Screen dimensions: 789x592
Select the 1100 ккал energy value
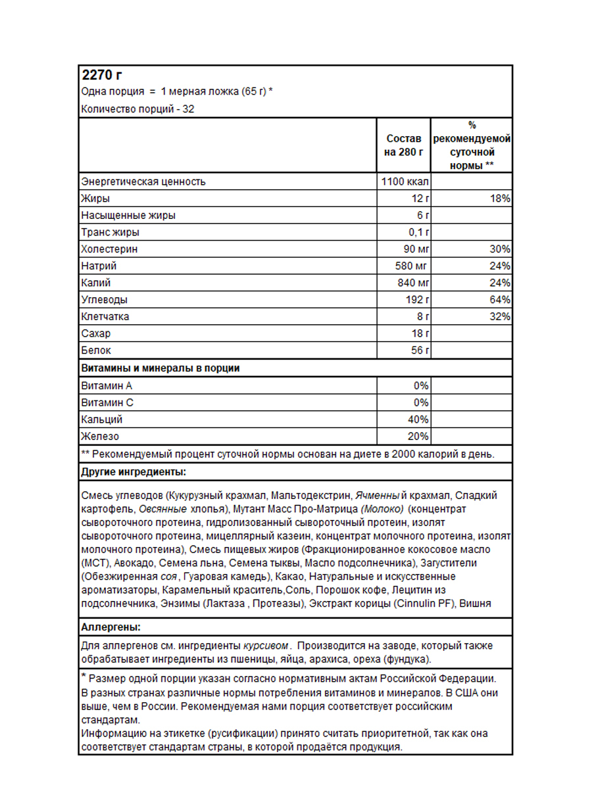pos(404,181)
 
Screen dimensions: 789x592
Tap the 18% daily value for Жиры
pos(500,199)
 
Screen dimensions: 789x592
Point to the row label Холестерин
pos(109,249)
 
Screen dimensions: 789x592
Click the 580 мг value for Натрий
pos(412,266)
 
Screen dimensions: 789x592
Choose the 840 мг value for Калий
pos(412,283)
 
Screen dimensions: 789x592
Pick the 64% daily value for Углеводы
pos(500,300)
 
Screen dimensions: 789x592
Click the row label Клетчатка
pos(105,317)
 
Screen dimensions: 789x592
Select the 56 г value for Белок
pos(420,350)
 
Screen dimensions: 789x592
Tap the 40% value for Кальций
pos(418,419)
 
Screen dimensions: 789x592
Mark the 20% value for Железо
pos(418,437)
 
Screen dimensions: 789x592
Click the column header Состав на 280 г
pos(403,145)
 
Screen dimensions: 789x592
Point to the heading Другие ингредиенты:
pos(133,472)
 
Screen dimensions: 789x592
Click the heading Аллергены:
pos(111,627)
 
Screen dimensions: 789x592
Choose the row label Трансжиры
pos(110,232)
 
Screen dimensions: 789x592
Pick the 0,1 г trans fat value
pos(417,232)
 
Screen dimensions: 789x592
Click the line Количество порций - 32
pos(137,109)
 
